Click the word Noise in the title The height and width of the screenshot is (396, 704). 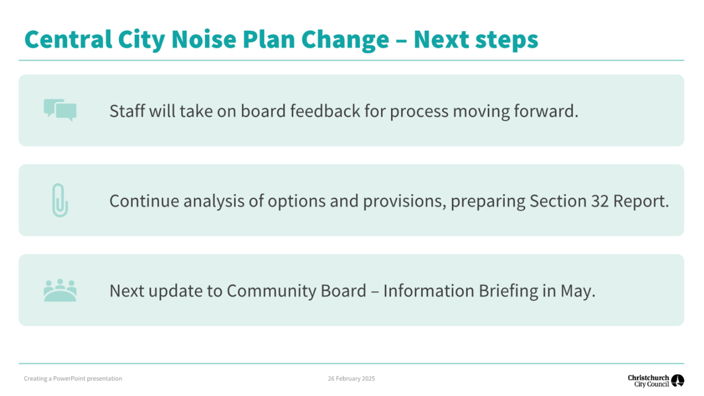(204, 39)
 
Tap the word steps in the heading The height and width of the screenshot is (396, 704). (507, 41)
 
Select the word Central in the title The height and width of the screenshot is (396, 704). (68, 39)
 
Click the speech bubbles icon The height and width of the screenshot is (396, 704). (60, 110)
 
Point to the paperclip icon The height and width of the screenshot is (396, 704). (60, 200)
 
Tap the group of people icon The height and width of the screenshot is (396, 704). (60, 290)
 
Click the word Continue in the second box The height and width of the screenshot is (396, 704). (144, 201)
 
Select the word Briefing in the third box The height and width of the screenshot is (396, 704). (508, 291)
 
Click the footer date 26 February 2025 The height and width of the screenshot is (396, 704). (352, 378)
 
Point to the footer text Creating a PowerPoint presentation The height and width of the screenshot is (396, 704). (73, 378)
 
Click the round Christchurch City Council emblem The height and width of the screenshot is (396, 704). (678, 381)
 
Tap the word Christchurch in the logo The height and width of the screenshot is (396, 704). (648, 377)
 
